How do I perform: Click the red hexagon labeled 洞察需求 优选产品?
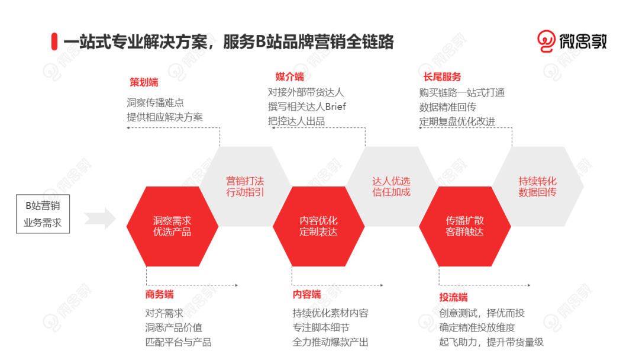pyautogui.click(x=172, y=226)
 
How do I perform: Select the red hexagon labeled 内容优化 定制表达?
pyautogui.click(x=318, y=226)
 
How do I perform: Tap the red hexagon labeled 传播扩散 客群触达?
pyautogui.click(x=464, y=226)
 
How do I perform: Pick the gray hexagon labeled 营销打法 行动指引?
pyautogui.click(x=245, y=186)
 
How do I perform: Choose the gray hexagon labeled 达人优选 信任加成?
pyautogui.click(x=391, y=186)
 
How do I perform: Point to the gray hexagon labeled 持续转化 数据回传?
pyautogui.click(x=537, y=186)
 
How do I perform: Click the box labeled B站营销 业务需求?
pyautogui.click(x=43, y=214)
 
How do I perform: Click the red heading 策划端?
pyautogui.click(x=144, y=82)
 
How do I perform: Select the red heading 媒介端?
pyautogui.click(x=290, y=76)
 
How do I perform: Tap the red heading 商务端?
pyautogui.click(x=159, y=294)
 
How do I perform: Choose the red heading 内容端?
pyautogui.click(x=306, y=294)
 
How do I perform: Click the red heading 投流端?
pyautogui.click(x=453, y=297)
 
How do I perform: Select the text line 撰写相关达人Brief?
pyautogui.click(x=306, y=107)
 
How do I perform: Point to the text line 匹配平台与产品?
pyautogui.click(x=178, y=342)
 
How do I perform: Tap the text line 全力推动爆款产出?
pyautogui.click(x=330, y=342)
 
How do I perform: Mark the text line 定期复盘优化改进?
pyautogui.click(x=457, y=121)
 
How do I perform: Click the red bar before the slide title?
pyautogui.click(x=54, y=41)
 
